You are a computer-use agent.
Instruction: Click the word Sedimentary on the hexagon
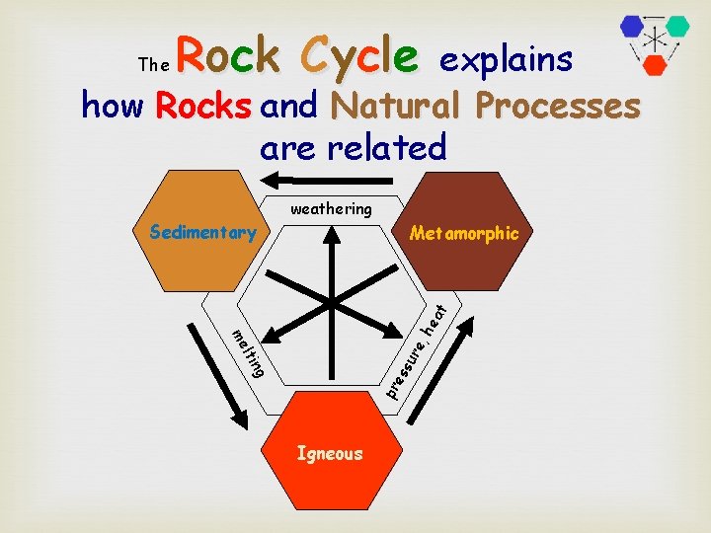coord(201,233)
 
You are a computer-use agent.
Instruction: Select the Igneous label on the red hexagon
coord(331,454)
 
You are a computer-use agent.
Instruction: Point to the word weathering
coord(331,208)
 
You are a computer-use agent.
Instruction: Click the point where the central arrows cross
coord(332,298)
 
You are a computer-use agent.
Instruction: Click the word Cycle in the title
coord(360,55)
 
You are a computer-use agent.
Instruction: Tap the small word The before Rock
coord(154,65)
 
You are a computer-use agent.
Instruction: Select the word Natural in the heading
coord(398,105)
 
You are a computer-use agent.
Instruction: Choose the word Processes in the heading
coord(557,105)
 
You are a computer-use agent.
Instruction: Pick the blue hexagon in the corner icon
coord(632,27)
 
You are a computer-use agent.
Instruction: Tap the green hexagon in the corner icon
coord(676,27)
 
